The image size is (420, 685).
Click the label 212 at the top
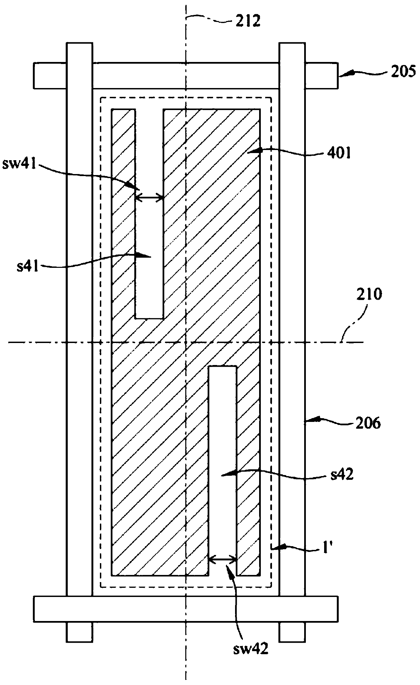(246, 21)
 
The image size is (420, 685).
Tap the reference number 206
(369, 423)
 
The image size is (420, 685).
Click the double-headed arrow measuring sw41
(149, 198)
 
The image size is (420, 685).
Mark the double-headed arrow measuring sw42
(222, 560)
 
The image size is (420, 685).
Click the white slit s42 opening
(222, 457)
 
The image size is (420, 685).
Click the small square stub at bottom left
(79, 632)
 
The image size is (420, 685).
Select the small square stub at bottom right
(292, 632)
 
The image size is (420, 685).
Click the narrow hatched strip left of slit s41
(124, 213)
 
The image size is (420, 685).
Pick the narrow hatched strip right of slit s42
(248, 474)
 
